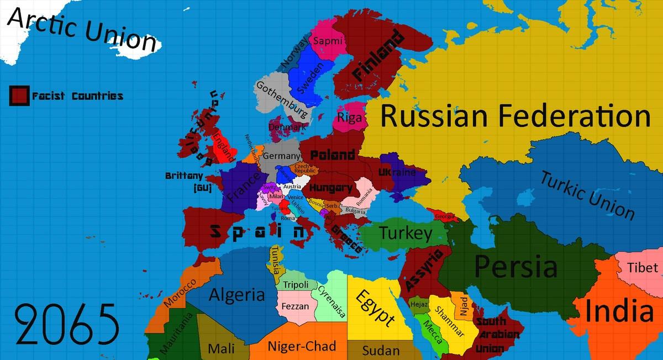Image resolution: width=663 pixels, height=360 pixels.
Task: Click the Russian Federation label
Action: [x=515, y=117]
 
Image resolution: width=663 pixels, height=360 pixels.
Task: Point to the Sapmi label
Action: [x=328, y=40]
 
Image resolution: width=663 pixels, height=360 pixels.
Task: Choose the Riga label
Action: [x=349, y=118]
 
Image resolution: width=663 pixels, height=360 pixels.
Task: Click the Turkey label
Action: [x=406, y=234]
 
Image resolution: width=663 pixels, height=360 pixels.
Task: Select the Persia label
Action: [x=516, y=267]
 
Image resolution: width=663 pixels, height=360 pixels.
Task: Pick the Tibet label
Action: [x=643, y=268]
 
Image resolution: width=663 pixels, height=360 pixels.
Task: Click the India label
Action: [x=619, y=311]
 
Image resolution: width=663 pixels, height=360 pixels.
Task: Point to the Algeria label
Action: [x=236, y=294]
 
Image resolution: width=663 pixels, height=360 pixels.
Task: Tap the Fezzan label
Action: [x=295, y=306]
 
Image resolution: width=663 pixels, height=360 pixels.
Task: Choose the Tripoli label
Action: [x=296, y=285]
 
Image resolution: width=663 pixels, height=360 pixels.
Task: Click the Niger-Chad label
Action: [x=302, y=346]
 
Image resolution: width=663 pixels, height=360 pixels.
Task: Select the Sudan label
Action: [x=381, y=351]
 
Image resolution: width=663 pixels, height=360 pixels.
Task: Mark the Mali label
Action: [x=221, y=349]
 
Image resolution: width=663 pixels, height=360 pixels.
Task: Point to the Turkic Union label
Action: [x=587, y=195]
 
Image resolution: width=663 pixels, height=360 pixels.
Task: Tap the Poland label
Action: [x=333, y=155]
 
